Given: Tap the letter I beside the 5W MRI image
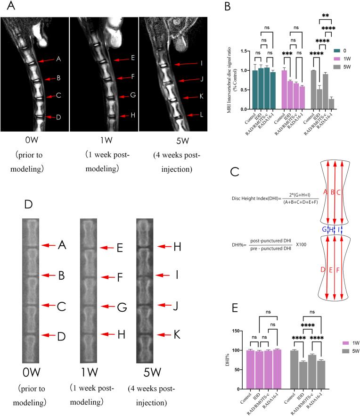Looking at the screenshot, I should tap(201, 63).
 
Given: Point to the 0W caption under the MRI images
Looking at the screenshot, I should tap(34, 141).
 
